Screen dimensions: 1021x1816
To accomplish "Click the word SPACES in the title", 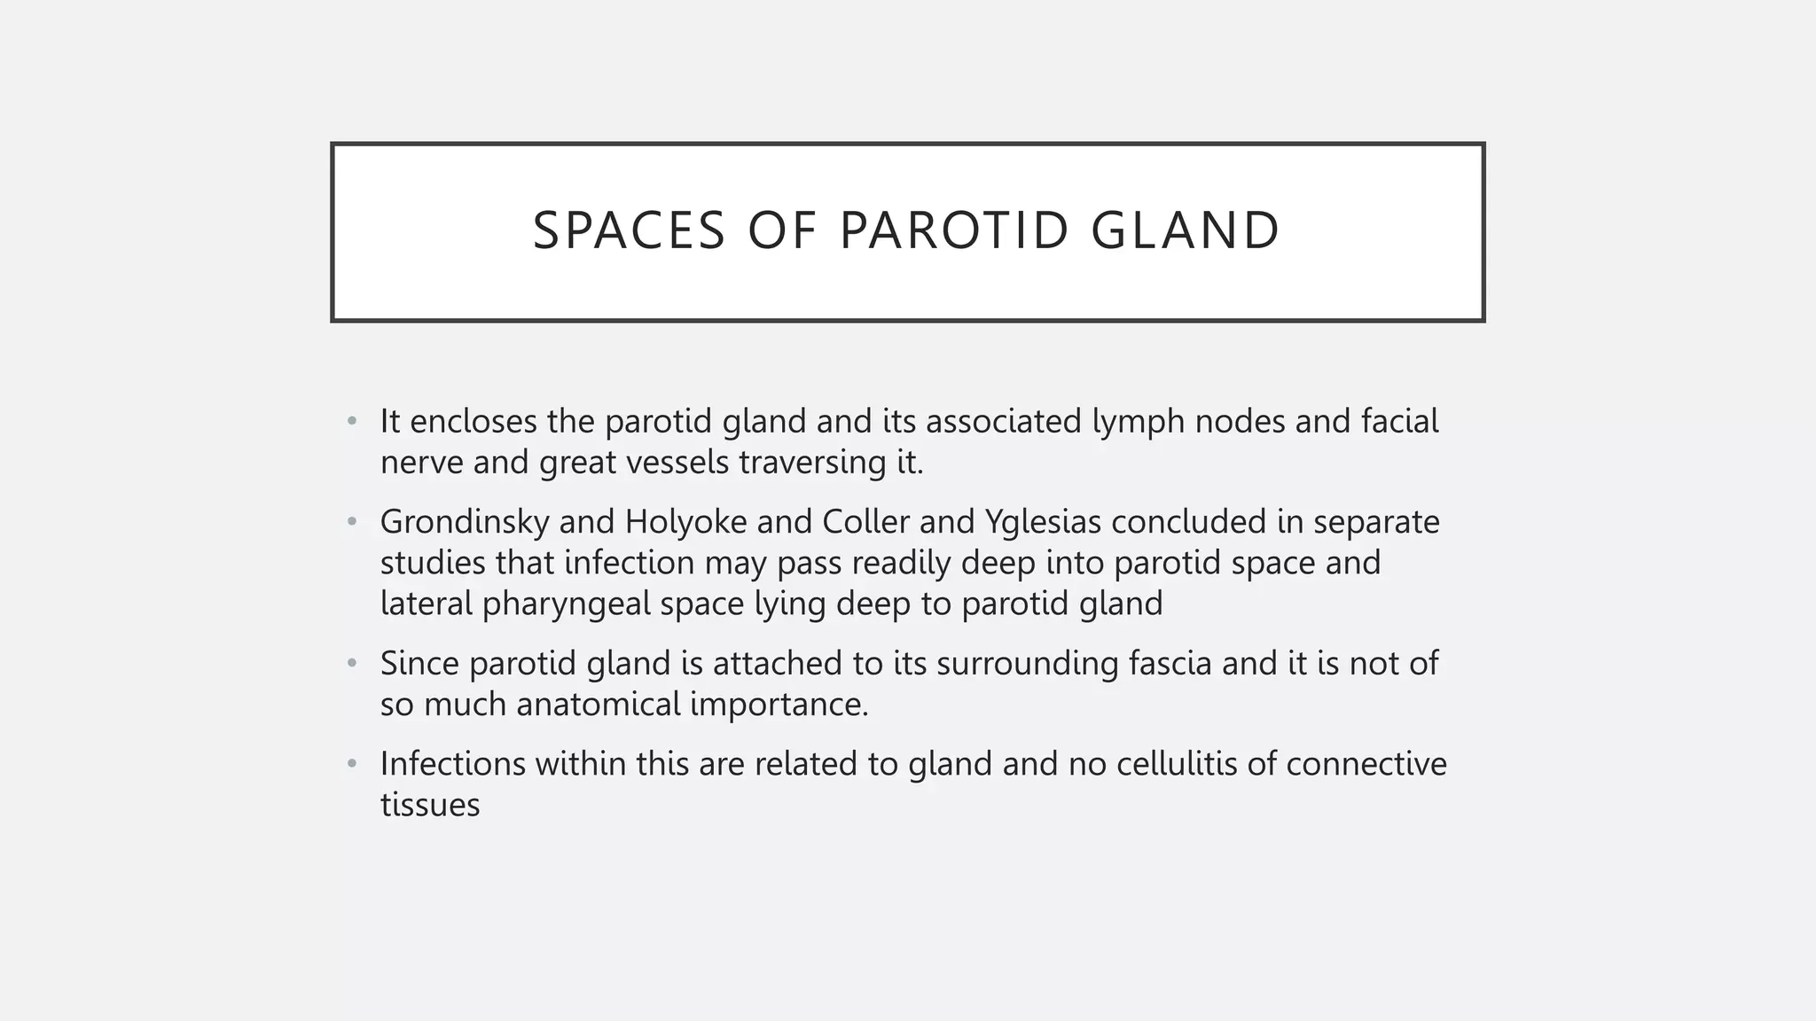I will coord(629,230).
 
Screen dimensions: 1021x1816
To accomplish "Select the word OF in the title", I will coord(782,230).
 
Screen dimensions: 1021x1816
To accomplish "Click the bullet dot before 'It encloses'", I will coord(352,421).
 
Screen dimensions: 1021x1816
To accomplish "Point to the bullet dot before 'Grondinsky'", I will coord(352,522).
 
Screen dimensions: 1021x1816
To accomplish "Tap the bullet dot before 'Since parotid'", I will coord(352,663).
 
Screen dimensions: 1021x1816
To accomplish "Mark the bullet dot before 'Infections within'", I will coord(352,764).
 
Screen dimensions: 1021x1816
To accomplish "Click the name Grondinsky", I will coord(465,522).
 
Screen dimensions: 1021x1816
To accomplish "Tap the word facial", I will coord(1400,421).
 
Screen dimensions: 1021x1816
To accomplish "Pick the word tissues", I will coord(430,806).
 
